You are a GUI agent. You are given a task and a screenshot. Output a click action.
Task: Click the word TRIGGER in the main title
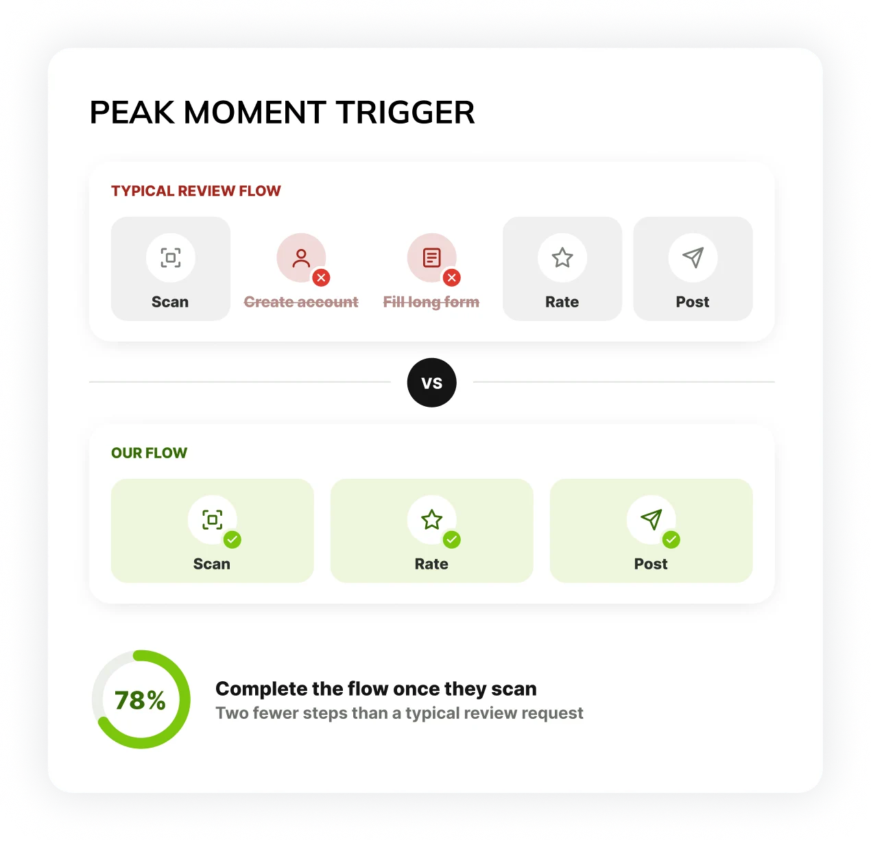405,112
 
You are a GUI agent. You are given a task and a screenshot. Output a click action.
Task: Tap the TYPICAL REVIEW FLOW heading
195,191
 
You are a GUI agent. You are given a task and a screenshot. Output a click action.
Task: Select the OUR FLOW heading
149,453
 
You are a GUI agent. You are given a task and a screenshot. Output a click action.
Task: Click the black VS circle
431,382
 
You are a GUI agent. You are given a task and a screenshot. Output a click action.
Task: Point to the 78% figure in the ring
140,700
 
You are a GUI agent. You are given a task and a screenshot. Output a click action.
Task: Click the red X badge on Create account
321,278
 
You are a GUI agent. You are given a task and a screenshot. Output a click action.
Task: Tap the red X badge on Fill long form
451,278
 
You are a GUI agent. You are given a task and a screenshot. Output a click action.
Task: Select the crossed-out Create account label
301,302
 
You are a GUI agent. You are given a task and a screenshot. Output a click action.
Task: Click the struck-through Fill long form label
431,303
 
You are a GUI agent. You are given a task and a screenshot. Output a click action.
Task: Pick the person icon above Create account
301,258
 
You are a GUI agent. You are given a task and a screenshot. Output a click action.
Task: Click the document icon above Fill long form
431,257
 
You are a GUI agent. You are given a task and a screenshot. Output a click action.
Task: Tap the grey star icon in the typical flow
562,257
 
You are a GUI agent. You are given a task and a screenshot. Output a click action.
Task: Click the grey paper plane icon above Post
693,257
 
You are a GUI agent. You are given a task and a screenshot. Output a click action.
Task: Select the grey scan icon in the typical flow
171,257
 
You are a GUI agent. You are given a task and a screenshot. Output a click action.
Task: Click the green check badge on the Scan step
232,539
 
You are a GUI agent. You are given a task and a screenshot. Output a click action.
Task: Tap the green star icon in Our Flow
431,519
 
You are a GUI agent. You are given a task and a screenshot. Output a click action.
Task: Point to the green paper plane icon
652,519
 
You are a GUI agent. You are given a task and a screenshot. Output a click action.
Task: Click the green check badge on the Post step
671,539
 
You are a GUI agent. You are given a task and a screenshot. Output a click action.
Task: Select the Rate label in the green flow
431,564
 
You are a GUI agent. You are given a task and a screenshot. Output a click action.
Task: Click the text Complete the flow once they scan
376,689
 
